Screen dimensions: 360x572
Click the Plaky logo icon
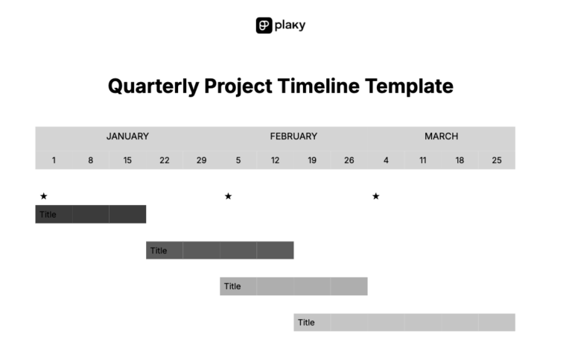coord(264,25)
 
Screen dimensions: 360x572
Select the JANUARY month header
coord(127,136)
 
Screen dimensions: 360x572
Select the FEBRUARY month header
coord(293,136)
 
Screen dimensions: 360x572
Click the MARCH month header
coord(441,136)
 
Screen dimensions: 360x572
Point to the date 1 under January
coord(54,160)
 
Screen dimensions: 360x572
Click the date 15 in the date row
coord(127,160)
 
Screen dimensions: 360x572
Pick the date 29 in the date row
coord(201,160)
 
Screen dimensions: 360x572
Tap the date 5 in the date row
coord(238,160)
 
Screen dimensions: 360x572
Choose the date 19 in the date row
coord(312,160)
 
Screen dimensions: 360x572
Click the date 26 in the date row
coord(349,160)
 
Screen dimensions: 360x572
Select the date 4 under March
coord(386,160)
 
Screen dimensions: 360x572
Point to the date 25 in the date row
coord(497,160)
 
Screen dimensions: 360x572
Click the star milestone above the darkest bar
coord(44,196)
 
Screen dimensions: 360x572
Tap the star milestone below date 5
coord(228,196)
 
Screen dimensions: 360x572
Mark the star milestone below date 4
coord(375,196)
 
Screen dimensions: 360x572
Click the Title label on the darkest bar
coord(48,215)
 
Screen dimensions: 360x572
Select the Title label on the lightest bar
coord(306,323)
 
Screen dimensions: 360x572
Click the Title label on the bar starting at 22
coord(159,250)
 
